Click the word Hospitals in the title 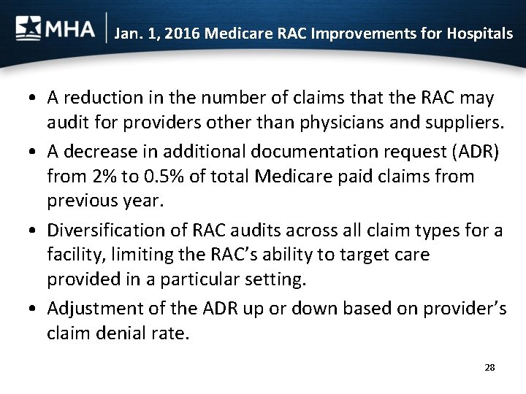point(478,34)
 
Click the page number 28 point(489,367)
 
